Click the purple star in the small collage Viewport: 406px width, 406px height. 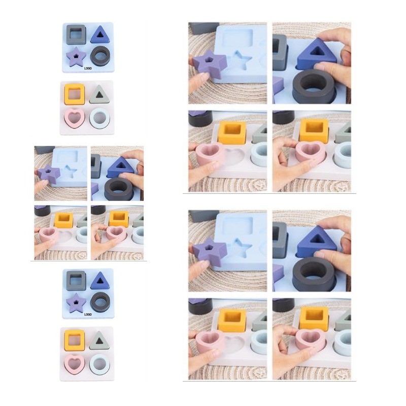click(49, 174)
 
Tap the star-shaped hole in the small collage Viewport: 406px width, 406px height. click(71, 171)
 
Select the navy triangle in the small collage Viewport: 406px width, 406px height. click(120, 167)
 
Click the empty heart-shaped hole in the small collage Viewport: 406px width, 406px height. click(64, 235)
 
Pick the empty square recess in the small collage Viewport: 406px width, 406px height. click(67, 157)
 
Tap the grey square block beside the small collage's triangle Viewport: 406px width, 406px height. click(95, 166)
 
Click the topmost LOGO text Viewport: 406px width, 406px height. click(88, 69)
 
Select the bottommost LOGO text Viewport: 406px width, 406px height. click(88, 314)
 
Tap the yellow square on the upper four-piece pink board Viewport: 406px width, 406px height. click(75, 94)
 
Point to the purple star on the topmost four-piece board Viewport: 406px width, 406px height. click(76, 56)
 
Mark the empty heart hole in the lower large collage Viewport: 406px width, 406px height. click(234, 345)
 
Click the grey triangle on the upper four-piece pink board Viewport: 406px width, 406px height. click(99, 95)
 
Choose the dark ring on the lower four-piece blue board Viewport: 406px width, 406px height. click(100, 302)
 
